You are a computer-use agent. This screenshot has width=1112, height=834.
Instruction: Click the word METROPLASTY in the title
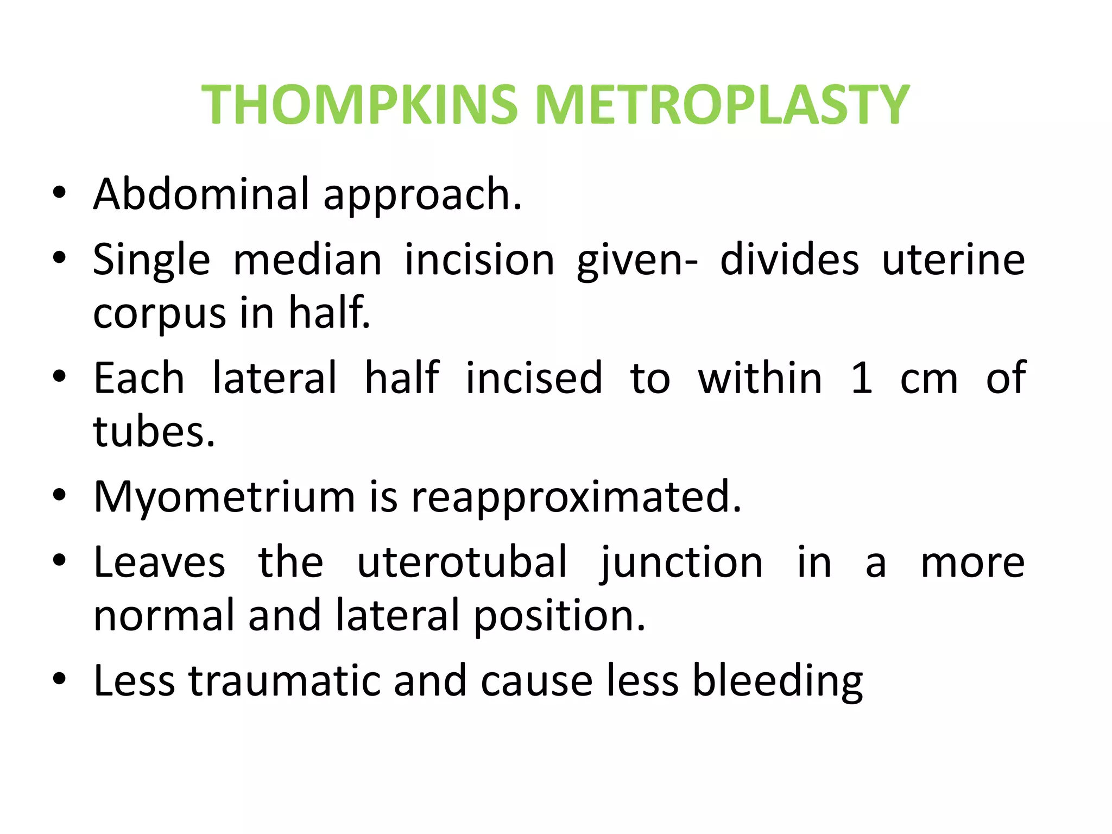click(722, 105)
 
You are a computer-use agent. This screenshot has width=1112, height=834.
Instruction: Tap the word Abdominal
click(201, 194)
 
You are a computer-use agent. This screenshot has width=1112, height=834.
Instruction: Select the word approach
click(422, 196)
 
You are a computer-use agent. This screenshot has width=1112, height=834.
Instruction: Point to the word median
click(307, 260)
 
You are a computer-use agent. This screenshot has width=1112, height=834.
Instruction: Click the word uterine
click(953, 260)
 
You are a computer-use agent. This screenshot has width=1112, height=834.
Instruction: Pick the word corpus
click(159, 314)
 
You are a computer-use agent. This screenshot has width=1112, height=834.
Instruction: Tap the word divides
click(789, 260)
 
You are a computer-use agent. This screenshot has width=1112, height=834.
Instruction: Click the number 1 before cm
click(862, 378)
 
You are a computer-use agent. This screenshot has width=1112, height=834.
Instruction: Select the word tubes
click(154, 432)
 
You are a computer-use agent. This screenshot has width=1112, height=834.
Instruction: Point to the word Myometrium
click(224, 497)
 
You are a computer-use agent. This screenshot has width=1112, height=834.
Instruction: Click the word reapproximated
click(576, 497)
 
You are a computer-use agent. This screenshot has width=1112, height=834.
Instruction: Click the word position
click(560, 616)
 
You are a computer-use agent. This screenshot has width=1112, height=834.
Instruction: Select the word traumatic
click(284, 680)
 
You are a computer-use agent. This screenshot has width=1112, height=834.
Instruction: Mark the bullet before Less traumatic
click(59, 679)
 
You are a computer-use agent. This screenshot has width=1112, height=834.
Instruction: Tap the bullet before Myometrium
click(59, 495)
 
